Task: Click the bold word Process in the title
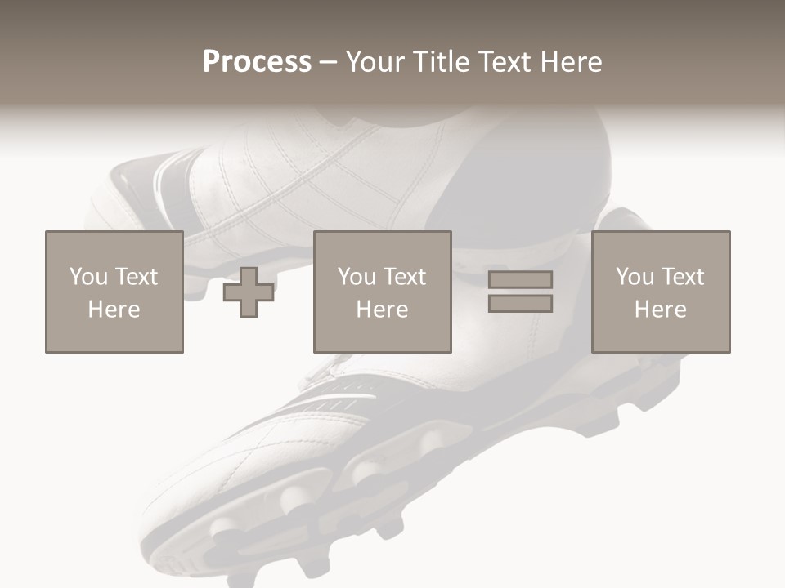pos(257,62)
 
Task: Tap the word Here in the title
pos(572,62)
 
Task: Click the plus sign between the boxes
pos(249,292)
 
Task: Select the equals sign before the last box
pos(520,292)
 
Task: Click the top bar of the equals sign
pos(520,279)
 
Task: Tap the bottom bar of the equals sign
pos(520,304)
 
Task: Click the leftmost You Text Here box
pos(114,292)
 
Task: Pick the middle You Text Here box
pos(383,292)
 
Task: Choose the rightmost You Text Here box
pos(661,292)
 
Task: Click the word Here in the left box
pos(114,310)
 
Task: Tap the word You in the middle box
pos(357,277)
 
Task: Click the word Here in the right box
pos(661,310)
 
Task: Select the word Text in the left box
pos(136,277)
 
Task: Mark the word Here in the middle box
pos(383,310)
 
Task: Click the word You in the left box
pos(88,277)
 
